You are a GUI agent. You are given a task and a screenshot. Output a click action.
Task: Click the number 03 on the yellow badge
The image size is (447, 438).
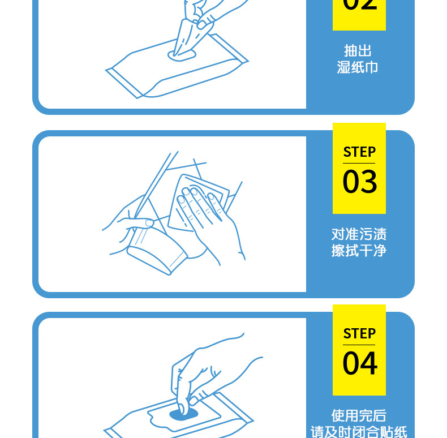(x=359, y=182)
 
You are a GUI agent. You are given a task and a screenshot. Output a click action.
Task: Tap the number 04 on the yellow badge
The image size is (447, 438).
(x=359, y=363)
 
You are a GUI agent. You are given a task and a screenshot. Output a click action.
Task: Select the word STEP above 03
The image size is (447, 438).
(x=359, y=152)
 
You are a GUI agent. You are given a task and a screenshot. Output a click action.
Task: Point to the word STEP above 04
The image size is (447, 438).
(x=359, y=334)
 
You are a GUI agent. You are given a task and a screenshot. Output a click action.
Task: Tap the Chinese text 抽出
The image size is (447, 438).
(x=358, y=51)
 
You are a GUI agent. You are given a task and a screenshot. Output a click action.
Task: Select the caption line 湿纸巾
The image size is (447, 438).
(x=358, y=68)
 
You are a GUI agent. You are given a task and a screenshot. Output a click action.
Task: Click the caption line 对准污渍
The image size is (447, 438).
(x=359, y=234)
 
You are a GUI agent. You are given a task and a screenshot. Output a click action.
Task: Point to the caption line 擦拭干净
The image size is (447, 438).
(x=359, y=251)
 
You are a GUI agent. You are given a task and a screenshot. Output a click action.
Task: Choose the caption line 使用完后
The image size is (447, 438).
(x=359, y=416)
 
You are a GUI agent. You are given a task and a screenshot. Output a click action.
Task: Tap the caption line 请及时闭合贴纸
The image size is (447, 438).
(x=359, y=432)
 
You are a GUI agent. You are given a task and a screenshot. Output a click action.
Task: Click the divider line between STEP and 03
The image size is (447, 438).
(x=359, y=164)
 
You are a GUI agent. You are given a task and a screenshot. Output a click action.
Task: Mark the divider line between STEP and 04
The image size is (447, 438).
(x=359, y=345)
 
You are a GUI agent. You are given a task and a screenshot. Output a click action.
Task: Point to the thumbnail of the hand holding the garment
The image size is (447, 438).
(x=149, y=222)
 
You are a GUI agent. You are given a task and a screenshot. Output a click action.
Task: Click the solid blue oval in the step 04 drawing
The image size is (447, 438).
(x=184, y=414)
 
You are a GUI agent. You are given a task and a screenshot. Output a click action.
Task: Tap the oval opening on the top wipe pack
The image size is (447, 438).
(x=182, y=55)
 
